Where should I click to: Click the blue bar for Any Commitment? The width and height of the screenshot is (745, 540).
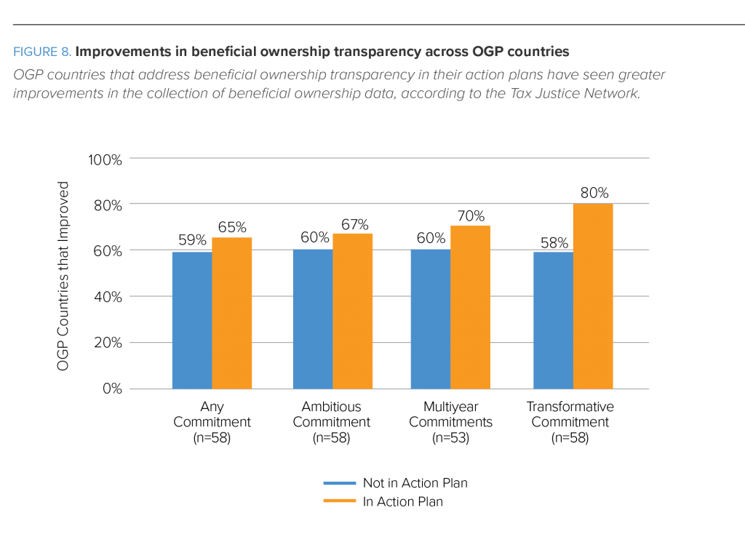click(x=191, y=320)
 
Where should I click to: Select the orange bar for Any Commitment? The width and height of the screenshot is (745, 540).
click(x=232, y=313)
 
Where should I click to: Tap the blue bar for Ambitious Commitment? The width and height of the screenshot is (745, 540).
click(x=312, y=319)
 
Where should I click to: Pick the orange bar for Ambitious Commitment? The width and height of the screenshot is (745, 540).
click(x=353, y=311)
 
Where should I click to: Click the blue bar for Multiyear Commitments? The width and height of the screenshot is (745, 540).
click(x=430, y=319)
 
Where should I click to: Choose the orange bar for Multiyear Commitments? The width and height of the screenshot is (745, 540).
click(x=471, y=307)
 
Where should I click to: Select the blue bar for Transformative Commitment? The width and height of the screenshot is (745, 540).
click(x=553, y=320)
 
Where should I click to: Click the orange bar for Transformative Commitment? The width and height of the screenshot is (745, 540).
click(x=593, y=296)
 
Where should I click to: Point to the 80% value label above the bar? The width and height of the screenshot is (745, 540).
click(x=594, y=194)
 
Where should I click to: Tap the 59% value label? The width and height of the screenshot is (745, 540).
click(x=192, y=241)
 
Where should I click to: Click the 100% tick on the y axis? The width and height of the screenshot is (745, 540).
click(x=105, y=159)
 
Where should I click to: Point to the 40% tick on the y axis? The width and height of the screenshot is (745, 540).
click(x=108, y=297)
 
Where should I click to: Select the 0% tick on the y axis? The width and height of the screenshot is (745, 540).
click(x=111, y=389)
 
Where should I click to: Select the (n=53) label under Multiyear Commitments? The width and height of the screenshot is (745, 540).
click(x=451, y=438)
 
